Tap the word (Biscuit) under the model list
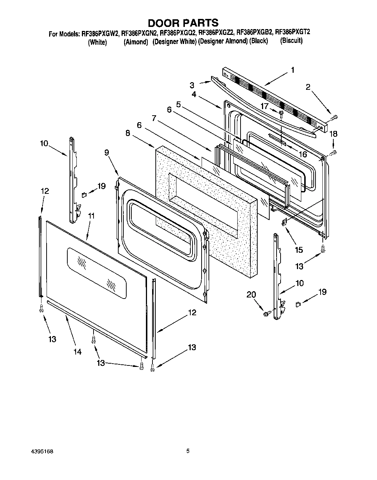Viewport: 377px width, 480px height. point(291,41)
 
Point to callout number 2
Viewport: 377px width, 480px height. point(308,87)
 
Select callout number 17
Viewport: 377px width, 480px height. point(265,107)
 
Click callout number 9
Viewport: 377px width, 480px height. point(107,152)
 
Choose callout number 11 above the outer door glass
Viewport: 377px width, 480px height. point(91,216)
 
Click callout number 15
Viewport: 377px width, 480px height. point(299,250)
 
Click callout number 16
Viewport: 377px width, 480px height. point(302,154)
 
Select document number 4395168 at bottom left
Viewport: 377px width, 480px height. point(43,451)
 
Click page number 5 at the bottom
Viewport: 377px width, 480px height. point(188,451)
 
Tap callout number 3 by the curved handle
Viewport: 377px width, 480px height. point(192,85)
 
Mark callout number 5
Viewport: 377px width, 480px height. point(178,104)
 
